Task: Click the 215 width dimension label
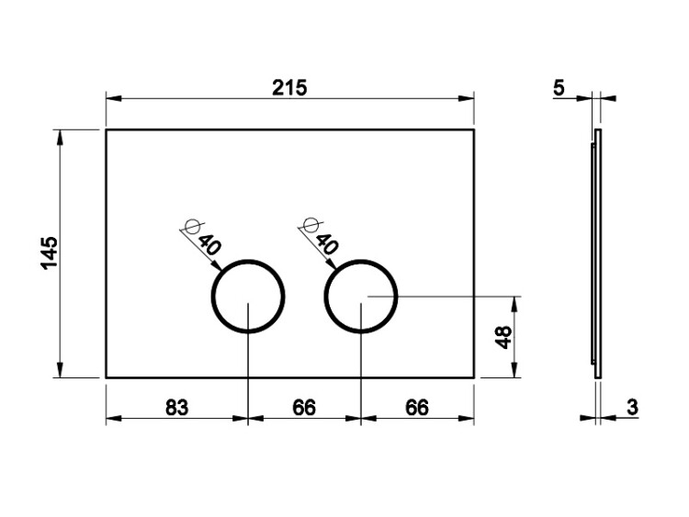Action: click(x=289, y=88)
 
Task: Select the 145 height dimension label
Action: click(x=50, y=253)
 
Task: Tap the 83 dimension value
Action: click(x=176, y=408)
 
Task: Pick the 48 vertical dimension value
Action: click(x=504, y=337)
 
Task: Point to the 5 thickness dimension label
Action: click(x=559, y=88)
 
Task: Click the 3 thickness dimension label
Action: click(x=632, y=407)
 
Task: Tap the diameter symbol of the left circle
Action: click(x=193, y=226)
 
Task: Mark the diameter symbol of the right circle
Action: click(x=311, y=225)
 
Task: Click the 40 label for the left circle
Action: click(x=209, y=245)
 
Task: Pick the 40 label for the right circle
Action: click(x=327, y=244)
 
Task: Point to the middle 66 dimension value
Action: click(x=304, y=408)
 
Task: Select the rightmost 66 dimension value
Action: click(x=416, y=408)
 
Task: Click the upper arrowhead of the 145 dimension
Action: click(x=61, y=138)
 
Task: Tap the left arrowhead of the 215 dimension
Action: click(x=113, y=98)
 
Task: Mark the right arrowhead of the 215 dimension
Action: click(x=466, y=98)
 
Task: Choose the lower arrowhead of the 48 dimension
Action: click(x=514, y=370)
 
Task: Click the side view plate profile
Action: click(x=598, y=253)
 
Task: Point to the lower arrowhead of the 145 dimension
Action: click(x=61, y=370)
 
